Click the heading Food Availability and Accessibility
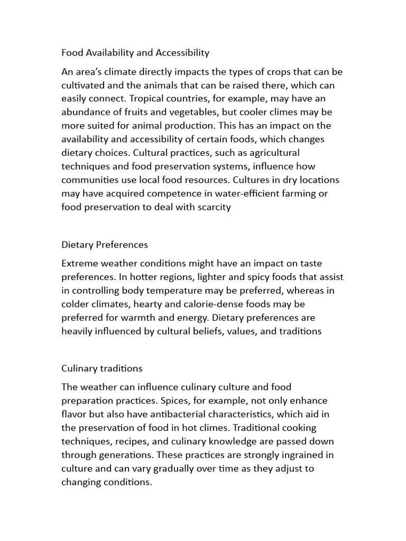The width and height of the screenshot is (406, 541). coord(135,52)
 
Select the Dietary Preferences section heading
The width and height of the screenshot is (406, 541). coord(105,245)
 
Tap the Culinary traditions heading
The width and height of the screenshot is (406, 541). coord(102,368)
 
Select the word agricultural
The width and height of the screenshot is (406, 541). coord(274,153)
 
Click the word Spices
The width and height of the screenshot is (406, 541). coord(178,400)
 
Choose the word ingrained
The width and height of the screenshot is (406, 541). coord(299,455)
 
